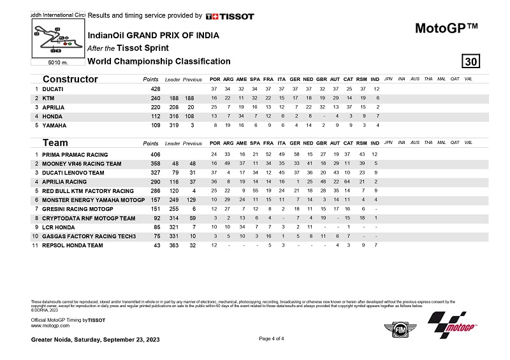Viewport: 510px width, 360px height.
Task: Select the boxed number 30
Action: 471,61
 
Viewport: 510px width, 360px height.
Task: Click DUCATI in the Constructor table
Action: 54,89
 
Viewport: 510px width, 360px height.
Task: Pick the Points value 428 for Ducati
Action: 155,89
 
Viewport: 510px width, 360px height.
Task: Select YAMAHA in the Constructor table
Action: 55,126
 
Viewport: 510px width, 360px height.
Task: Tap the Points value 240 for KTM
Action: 155,99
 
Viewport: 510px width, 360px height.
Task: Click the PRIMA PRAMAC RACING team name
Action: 75,155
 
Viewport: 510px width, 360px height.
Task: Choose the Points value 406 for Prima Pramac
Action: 155,155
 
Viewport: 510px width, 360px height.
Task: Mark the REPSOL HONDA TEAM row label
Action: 73,246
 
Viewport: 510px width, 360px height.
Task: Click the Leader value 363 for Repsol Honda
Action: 172,246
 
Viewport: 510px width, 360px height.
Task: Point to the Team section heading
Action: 55,143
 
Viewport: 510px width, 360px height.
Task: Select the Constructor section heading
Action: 70,79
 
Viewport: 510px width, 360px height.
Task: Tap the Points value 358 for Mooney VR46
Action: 155,164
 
